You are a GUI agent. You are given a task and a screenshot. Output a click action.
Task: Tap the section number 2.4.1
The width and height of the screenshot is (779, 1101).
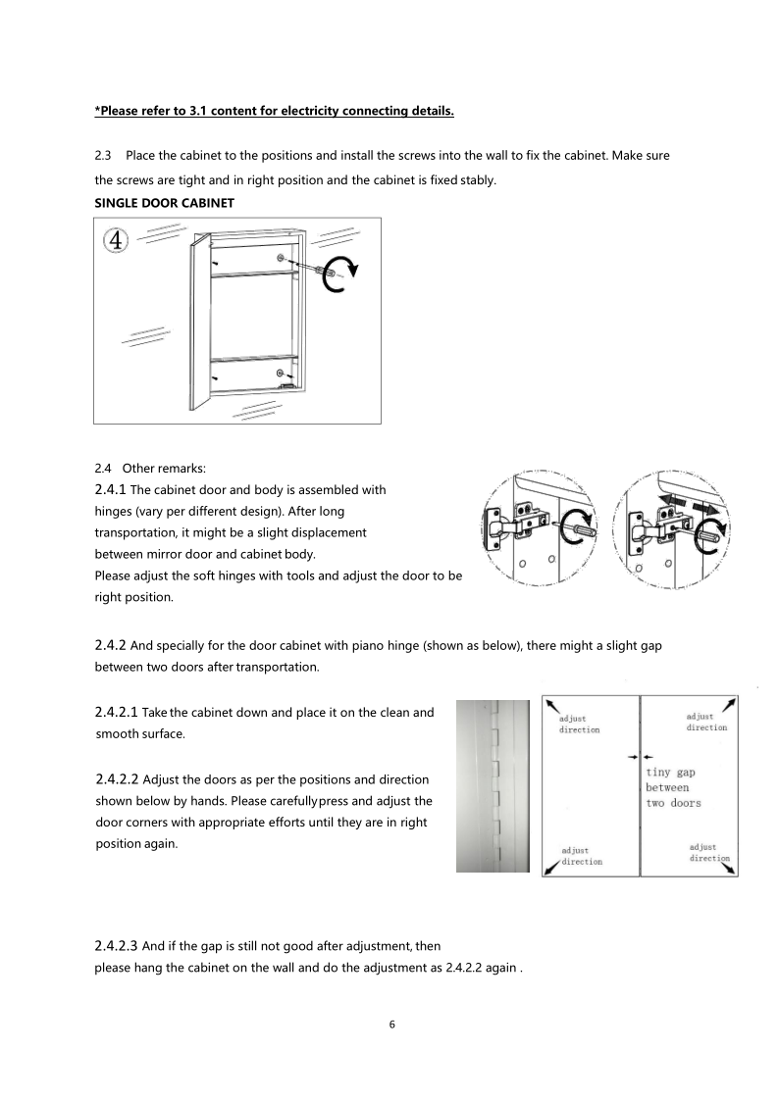(111, 489)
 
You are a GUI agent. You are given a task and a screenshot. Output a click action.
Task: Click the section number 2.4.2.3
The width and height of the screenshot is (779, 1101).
(117, 945)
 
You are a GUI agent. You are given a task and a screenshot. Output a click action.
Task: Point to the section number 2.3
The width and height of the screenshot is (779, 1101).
(102, 157)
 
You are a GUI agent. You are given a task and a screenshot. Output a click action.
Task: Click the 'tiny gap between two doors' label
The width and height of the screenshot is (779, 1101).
(673, 787)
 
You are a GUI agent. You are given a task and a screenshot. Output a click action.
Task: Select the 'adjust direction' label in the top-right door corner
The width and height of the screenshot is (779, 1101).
(706, 722)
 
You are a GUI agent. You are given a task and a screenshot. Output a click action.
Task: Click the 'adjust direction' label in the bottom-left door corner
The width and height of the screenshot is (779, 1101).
(581, 856)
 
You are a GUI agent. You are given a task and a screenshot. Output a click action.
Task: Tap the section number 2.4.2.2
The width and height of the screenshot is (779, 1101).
(117, 779)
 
